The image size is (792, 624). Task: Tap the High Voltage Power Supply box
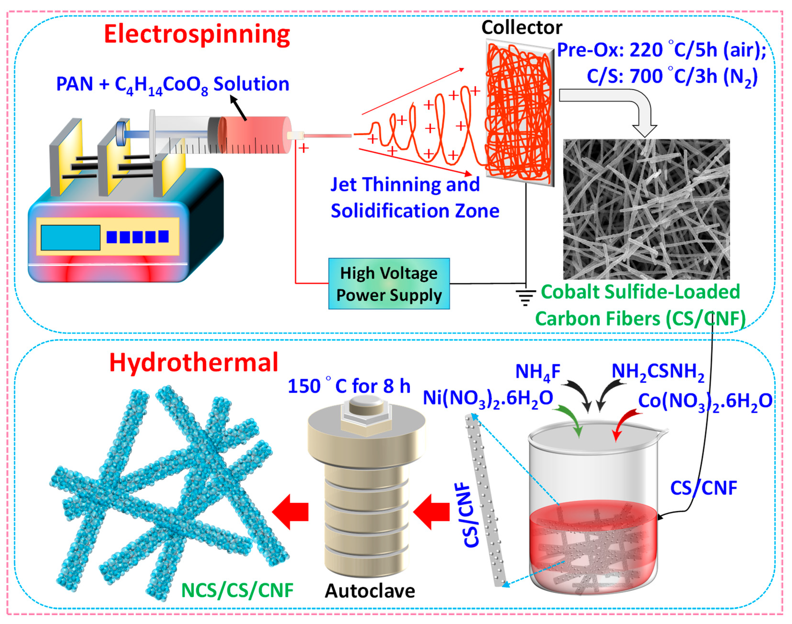tap(389, 284)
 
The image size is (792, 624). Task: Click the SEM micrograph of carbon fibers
tap(646, 209)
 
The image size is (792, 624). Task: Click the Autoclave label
tap(370, 591)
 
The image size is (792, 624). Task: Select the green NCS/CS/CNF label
tap(237, 590)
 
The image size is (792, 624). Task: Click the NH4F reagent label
tap(538, 372)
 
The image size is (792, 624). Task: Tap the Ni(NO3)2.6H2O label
tap(488, 398)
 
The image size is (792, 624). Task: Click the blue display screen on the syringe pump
tap(70, 237)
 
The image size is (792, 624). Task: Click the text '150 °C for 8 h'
tap(349, 386)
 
